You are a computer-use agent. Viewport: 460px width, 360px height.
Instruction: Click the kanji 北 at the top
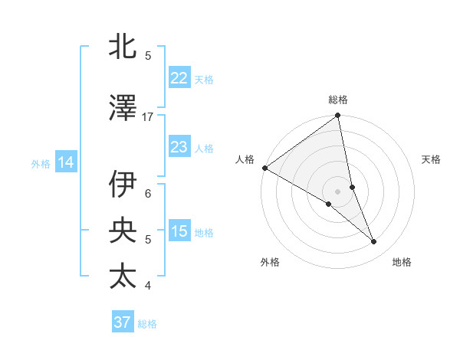[123, 47]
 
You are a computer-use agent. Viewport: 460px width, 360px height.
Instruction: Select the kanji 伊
[123, 184]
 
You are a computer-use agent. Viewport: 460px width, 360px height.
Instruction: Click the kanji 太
[123, 276]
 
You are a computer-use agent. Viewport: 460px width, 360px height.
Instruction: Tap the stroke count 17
[148, 116]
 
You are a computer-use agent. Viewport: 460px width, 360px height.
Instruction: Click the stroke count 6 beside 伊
[148, 193]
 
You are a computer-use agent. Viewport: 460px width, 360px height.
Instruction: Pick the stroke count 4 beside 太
[148, 286]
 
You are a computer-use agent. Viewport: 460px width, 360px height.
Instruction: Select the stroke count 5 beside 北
[148, 55]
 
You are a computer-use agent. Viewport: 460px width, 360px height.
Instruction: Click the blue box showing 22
[179, 77]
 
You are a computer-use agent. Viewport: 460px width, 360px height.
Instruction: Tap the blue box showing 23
[179, 146]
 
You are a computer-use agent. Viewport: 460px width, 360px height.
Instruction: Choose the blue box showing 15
[179, 231]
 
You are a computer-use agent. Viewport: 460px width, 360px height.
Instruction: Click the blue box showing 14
[66, 162]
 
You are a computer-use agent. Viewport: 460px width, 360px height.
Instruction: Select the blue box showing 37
[122, 322]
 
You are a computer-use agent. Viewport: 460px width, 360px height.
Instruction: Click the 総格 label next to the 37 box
[147, 324]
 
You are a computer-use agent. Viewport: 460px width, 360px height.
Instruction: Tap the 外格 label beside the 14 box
[41, 163]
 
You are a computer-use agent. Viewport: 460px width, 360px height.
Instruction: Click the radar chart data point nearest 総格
[337, 116]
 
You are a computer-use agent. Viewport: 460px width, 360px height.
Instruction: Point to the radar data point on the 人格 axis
[264, 168]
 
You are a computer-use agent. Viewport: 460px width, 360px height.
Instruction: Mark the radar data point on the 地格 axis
[374, 242]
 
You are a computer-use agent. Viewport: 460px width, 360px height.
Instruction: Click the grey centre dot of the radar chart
[337, 191]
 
